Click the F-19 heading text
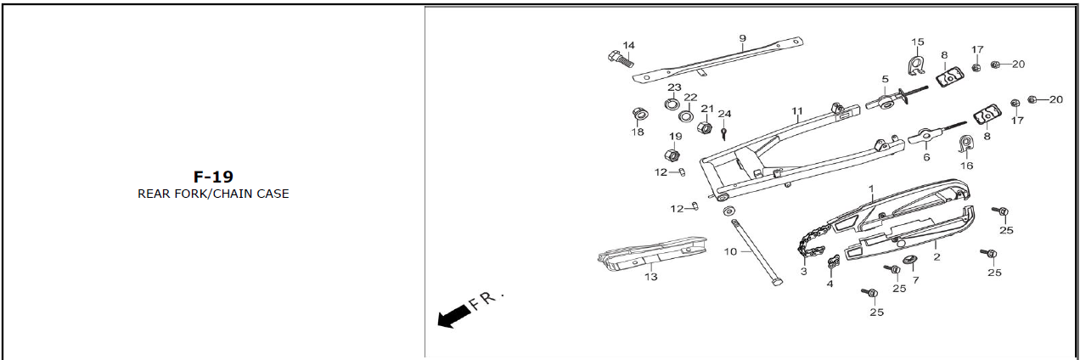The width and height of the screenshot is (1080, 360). pos(213,177)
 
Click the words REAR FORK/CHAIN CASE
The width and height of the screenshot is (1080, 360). pos(213,194)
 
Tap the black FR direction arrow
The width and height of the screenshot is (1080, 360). pos(454,315)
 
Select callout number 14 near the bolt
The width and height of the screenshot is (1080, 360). pos(628,45)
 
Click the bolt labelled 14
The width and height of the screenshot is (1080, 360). pos(619,59)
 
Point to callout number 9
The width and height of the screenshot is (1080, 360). pos(742,38)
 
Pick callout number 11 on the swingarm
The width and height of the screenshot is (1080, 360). pos(797,111)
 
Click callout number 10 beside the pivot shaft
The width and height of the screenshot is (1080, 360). pos(730,251)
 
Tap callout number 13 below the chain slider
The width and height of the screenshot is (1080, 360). pos(650,277)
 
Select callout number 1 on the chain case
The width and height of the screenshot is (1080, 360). pos(870,188)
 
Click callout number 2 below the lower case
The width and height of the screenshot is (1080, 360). pos(936,256)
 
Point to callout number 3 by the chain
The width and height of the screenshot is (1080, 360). pos(803,272)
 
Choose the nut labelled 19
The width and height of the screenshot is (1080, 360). pos(672,155)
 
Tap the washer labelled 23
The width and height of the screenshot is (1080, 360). pos(671,104)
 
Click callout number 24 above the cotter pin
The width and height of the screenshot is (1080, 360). pos(724,114)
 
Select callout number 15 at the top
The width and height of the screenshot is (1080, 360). pos(917,42)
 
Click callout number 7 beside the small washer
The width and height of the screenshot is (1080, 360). pos(915,279)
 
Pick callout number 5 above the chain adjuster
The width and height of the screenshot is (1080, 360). pos(885,79)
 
